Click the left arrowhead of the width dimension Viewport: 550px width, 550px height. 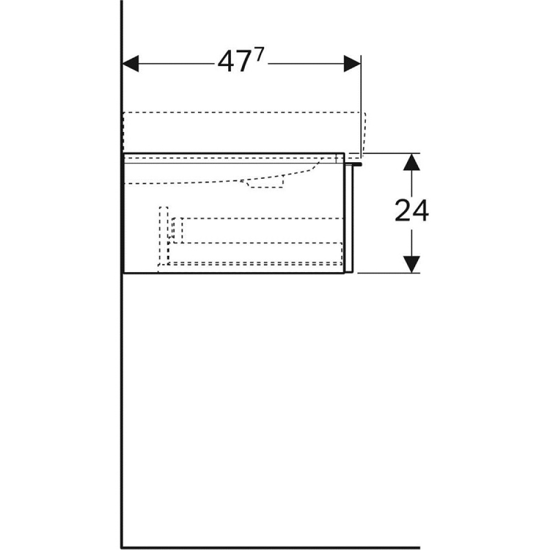[x=130, y=64]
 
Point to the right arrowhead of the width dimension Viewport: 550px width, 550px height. [x=352, y=64]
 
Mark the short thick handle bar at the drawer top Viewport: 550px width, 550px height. [x=354, y=163]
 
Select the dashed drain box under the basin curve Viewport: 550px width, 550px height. [x=265, y=183]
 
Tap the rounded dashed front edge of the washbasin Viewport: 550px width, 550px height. [x=364, y=132]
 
